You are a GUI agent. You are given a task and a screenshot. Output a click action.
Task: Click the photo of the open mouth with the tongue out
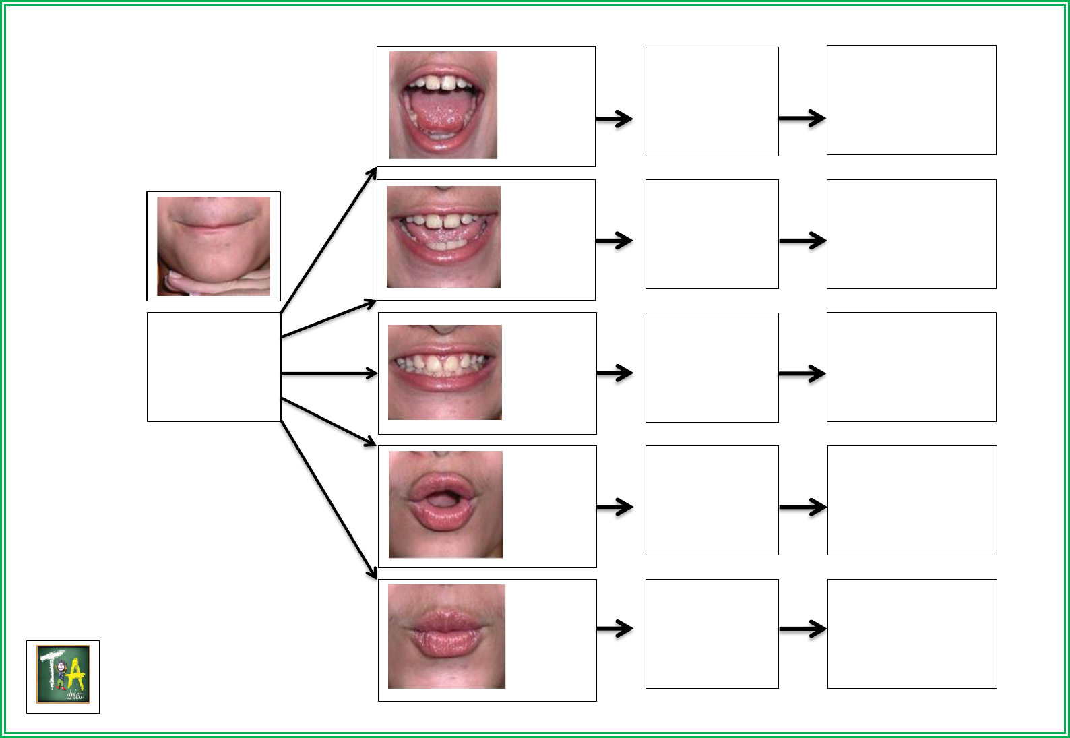pos(443,105)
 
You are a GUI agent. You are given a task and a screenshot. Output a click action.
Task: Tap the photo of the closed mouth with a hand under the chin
pos(214,246)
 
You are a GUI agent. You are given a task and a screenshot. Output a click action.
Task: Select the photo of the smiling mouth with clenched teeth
pos(445,372)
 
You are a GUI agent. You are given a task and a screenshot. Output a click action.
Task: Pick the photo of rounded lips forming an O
pos(445,504)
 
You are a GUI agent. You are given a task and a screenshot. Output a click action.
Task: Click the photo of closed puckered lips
pos(446,636)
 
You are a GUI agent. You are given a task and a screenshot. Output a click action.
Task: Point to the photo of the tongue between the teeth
pos(443,237)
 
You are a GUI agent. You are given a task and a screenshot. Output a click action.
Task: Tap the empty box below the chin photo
pos(214,367)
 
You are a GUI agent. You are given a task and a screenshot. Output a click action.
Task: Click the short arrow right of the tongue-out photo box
pos(615,119)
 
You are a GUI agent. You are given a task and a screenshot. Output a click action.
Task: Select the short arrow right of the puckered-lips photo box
pos(615,629)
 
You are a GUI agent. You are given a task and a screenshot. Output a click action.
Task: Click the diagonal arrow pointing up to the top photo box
pos(328,240)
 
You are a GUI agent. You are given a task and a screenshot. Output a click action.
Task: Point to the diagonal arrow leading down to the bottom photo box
pos(328,499)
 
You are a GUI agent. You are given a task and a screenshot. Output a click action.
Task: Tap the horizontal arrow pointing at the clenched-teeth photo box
pos(329,373)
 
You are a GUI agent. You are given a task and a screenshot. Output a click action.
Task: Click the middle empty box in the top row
pos(712,101)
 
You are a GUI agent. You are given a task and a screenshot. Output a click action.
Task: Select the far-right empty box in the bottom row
pos(912,634)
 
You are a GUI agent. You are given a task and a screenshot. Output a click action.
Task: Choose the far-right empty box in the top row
pos(911,100)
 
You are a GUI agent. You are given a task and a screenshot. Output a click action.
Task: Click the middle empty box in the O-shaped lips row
pos(712,500)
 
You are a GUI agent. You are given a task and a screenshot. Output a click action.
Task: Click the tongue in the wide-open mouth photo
pos(437,111)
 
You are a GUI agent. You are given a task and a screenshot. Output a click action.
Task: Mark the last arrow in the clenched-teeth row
pos(802,373)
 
